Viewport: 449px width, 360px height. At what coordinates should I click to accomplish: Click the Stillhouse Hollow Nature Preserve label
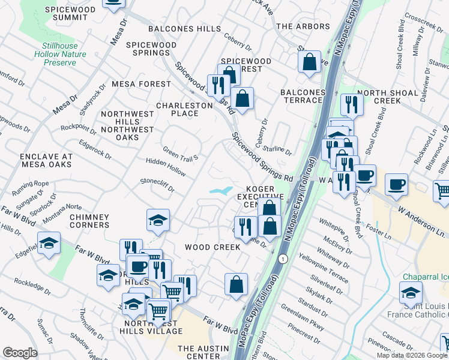tap(64, 54)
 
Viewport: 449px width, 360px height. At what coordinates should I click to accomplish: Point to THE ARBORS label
tap(303, 26)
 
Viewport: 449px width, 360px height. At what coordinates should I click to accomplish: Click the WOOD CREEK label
tap(212, 247)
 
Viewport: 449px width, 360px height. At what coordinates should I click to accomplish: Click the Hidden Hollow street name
tap(166, 163)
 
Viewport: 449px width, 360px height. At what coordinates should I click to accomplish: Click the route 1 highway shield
tap(282, 259)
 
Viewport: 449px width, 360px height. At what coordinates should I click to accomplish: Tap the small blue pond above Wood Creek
tap(220, 191)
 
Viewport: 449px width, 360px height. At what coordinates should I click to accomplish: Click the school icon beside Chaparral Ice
tap(411, 292)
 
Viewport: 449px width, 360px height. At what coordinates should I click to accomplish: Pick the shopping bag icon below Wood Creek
tap(237, 284)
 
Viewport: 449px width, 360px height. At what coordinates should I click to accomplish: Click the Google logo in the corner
tap(20, 353)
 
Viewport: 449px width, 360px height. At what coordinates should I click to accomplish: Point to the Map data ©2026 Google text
tap(411, 355)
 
